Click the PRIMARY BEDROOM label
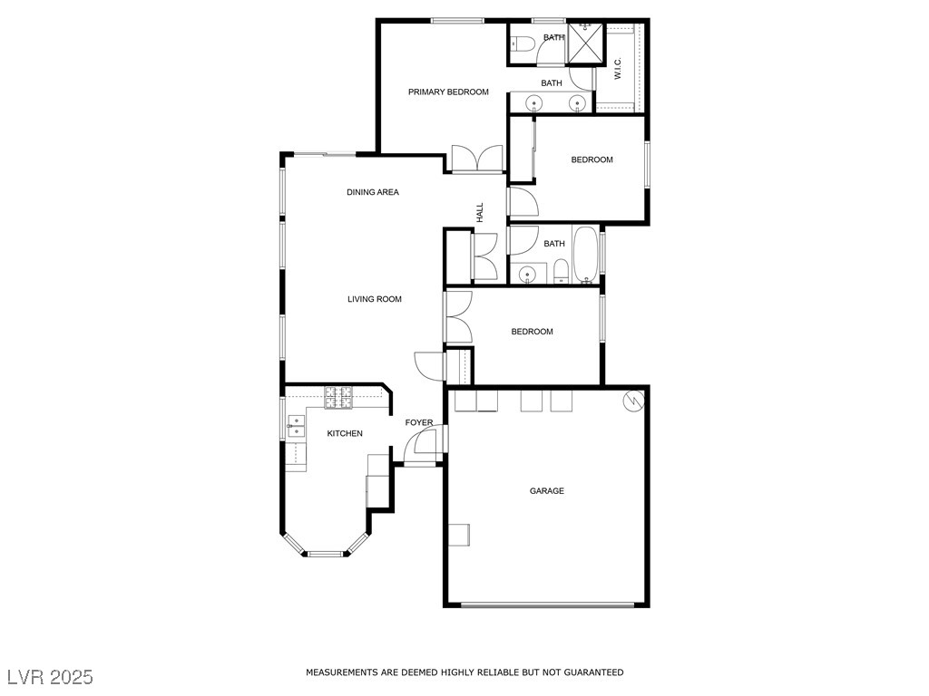coord(448,92)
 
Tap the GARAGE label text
coord(547,491)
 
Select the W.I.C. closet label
coord(618,69)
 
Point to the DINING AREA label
coord(373,192)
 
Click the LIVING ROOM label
coord(375,299)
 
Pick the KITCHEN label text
coord(345,433)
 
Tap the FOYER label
coord(419,423)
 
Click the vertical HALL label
coord(480,212)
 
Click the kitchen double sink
coord(296,426)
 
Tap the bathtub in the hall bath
coord(585,255)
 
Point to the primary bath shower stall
coord(586,43)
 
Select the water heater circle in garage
coord(632,400)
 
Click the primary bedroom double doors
coord(477,159)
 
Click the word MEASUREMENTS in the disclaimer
coord(340,672)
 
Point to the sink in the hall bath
coord(525,274)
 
